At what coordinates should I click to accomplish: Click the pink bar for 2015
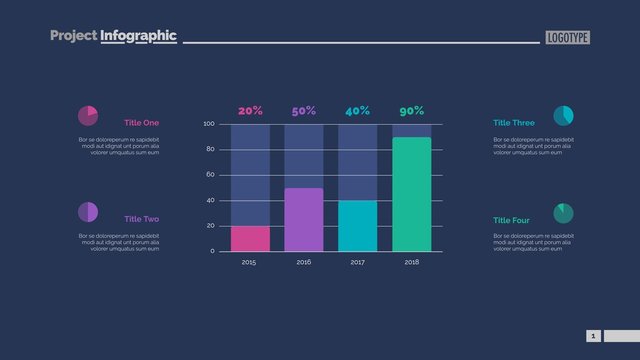(250, 238)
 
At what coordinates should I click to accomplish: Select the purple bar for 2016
(304, 219)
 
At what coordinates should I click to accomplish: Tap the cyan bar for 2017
(358, 226)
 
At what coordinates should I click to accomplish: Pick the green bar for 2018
(411, 194)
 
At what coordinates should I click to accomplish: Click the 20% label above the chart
(250, 111)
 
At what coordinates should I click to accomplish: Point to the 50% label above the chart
(304, 111)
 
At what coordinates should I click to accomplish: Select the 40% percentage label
(357, 111)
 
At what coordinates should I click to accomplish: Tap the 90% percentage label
(411, 111)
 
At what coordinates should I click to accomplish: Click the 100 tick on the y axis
(209, 124)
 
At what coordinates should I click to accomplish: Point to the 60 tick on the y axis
(210, 175)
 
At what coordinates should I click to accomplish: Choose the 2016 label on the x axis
(304, 262)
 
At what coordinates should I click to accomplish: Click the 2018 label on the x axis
(411, 262)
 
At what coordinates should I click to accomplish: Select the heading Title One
(141, 123)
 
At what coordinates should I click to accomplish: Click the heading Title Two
(141, 219)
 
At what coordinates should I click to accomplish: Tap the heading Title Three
(513, 123)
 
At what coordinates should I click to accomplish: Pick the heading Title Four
(511, 220)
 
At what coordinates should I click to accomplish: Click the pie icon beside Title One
(88, 115)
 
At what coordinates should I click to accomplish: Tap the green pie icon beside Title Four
(563, 212)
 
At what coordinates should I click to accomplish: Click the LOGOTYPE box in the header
(567, 37)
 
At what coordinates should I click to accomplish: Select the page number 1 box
(593, 336)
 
